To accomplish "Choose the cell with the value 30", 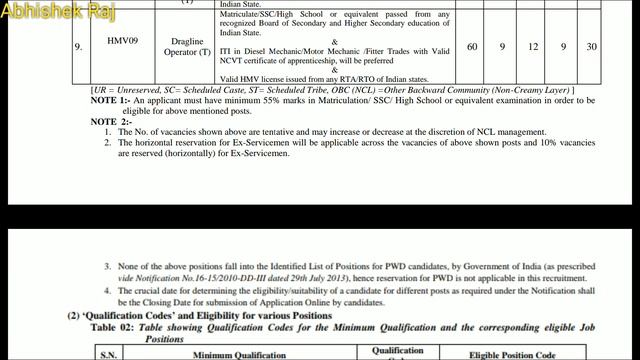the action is click(592, 47).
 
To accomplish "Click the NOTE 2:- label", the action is click(111, 121).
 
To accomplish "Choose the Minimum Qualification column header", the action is click(240, 353).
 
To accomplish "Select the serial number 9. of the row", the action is click(78, 47).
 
